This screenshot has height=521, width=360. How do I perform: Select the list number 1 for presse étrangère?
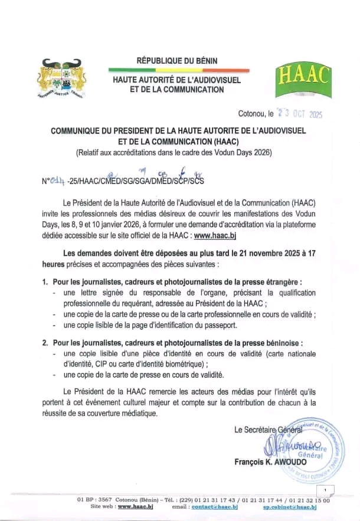[x=45, y=281]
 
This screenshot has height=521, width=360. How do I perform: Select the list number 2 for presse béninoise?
[x=45, y=343]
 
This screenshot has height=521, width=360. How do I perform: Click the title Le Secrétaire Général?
[x=269, y=430]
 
